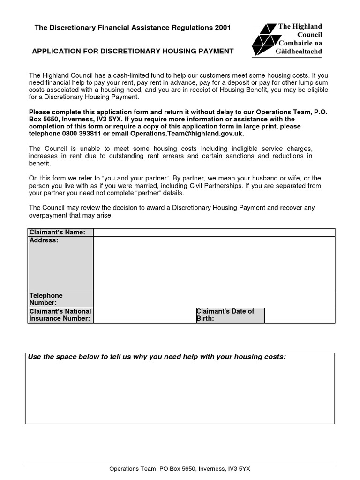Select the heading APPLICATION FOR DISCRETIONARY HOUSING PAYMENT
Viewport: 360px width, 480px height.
(x=132, y=51)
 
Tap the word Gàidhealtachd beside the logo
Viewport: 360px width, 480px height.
(x=300, y=52)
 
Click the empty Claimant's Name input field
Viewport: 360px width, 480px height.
(x=214, y=232)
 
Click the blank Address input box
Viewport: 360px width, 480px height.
(x=214, y=264)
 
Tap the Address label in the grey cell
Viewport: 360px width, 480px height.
(x=44, y=240)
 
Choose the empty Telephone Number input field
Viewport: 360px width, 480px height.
(x=214, y=299)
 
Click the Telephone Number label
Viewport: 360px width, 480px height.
(x=46, y=299)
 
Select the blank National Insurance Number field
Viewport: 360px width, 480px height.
(x=144, y=315)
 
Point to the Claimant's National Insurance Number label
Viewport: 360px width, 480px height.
(x=60, y=315)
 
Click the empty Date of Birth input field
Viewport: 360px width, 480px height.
(x=300, y=315)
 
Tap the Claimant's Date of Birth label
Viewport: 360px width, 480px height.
(x=225, y=315)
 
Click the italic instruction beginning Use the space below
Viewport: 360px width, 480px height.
(x=157, y=357)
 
